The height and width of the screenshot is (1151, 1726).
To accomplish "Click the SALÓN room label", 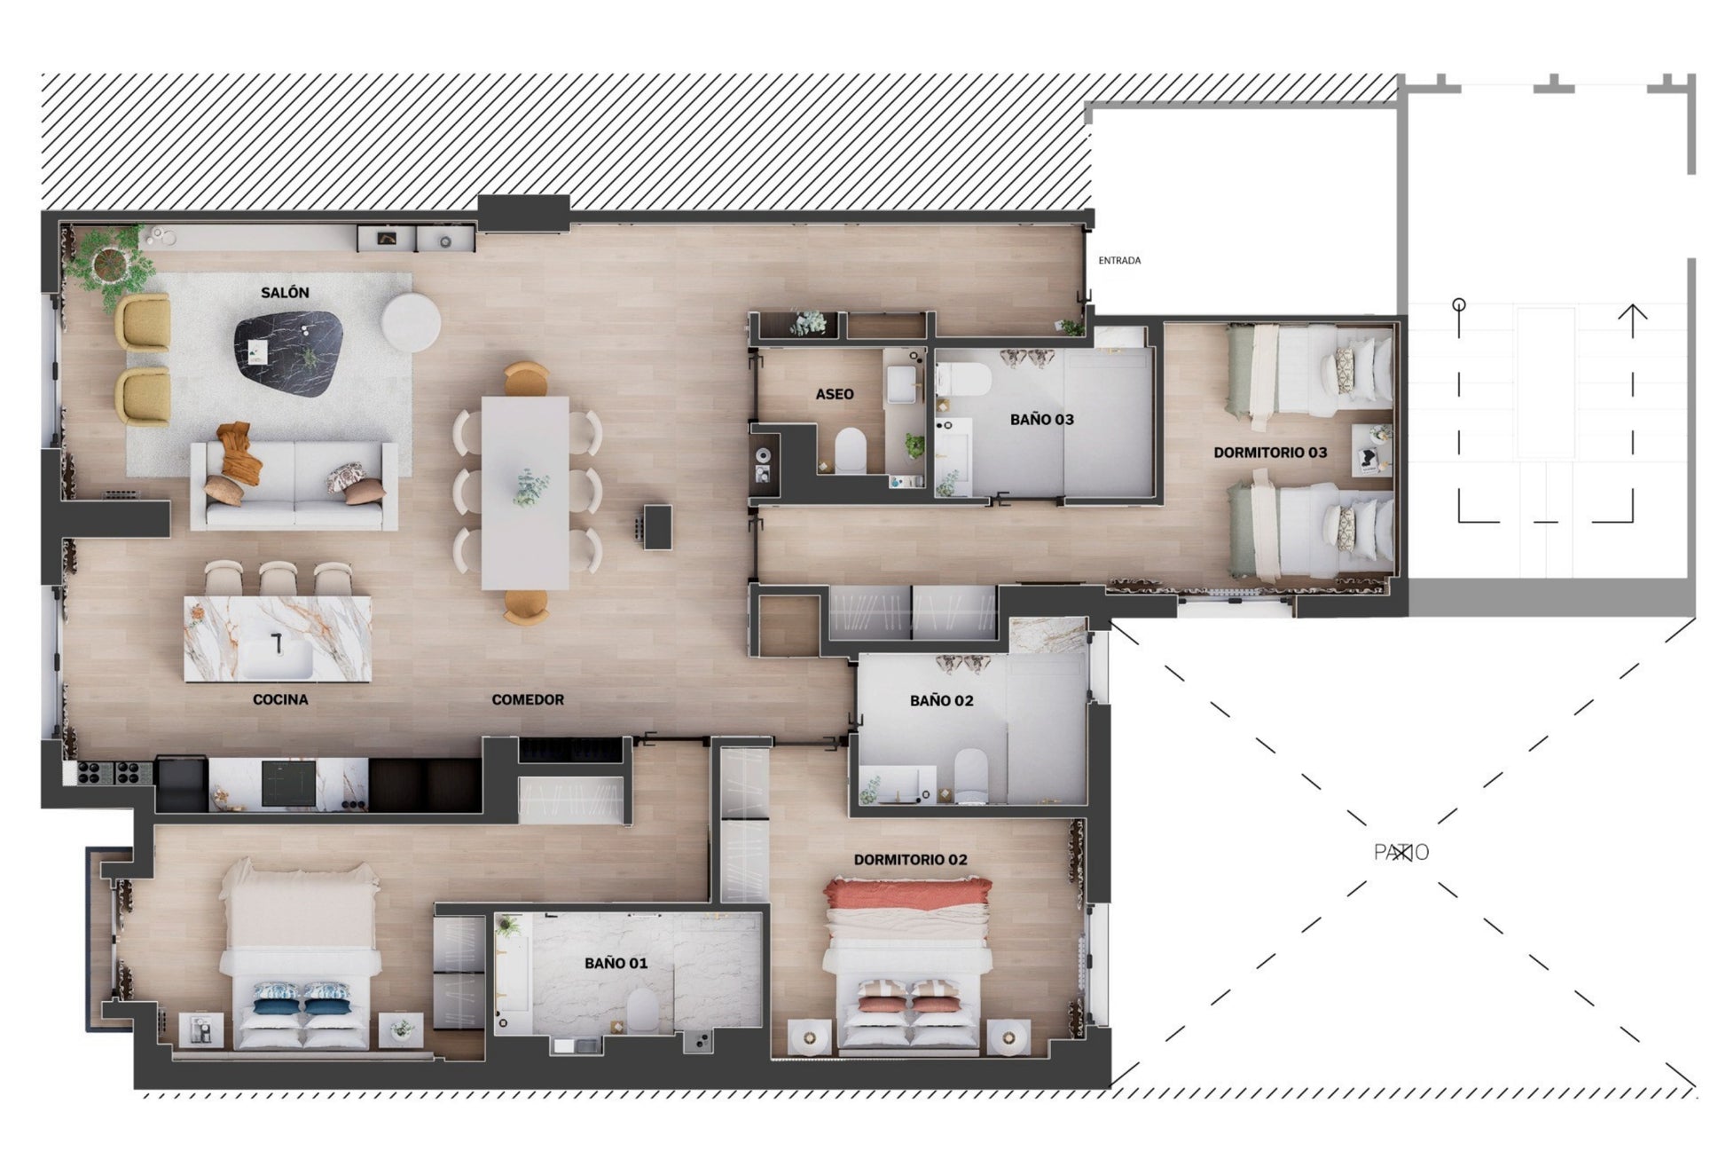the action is point(285,292).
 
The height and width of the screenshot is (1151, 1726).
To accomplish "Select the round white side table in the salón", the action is point(411,322).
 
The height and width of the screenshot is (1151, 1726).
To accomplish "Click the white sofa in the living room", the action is point(294,485).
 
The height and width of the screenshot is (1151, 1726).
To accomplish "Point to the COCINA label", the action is point(280,699).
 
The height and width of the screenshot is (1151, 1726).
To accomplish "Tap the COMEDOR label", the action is point(528,699).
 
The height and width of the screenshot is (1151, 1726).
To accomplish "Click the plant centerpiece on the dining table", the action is point(530,488).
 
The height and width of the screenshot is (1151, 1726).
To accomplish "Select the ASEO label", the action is point(835,394).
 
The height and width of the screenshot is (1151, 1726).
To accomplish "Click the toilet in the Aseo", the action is point(851,449).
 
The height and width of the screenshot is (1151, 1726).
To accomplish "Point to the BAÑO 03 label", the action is point(1042,419).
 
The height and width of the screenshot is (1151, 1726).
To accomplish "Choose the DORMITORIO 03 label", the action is point(1270,453).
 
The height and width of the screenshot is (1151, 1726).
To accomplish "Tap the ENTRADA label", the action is point(1119,260).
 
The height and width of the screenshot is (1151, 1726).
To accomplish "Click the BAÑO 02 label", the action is point(942,700).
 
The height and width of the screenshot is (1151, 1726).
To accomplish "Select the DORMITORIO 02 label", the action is point(910,859).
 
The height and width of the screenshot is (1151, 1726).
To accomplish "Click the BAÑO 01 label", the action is point(616,963).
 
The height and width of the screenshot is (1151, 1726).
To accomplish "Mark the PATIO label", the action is point(1401,852).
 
